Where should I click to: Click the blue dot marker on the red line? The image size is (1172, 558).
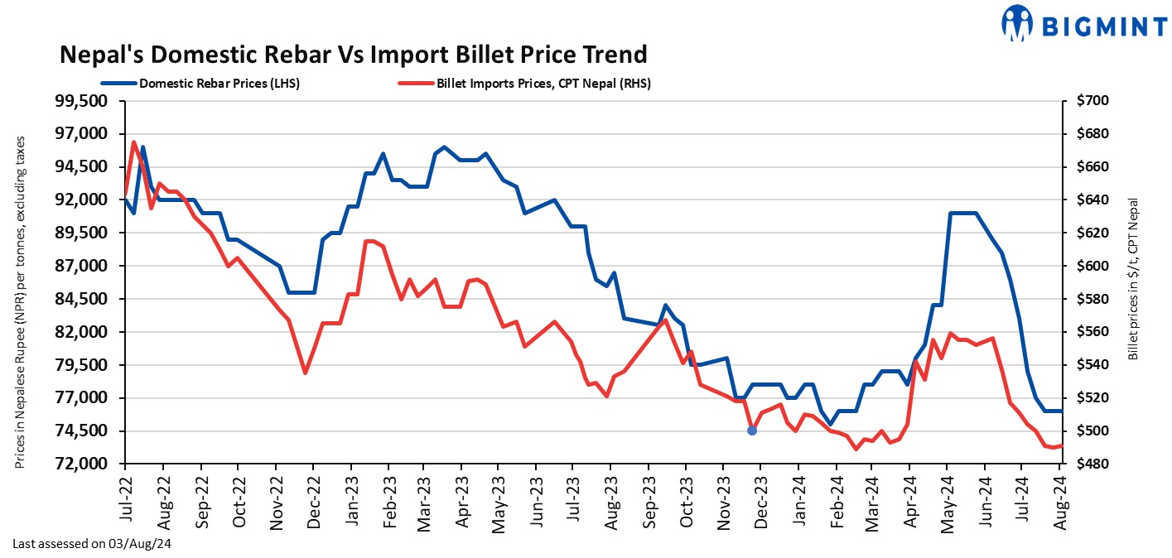[x=752, y=431]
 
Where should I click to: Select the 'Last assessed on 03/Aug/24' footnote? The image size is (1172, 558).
[x=91, y=544]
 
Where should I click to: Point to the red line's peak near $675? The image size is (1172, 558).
[x=134, y=142]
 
